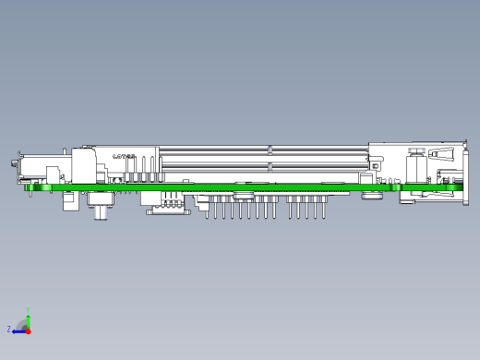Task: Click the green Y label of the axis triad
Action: point(29,311)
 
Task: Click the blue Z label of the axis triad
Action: point(9,329)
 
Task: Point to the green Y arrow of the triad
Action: point(28,320)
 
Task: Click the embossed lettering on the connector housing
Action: point(123,157)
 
